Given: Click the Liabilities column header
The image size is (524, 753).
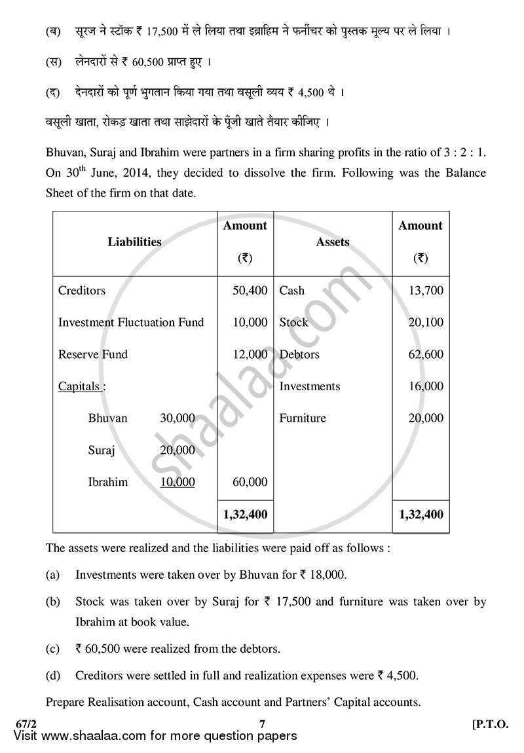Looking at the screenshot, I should (134, 242).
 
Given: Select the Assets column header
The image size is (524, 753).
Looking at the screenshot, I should (333, 242).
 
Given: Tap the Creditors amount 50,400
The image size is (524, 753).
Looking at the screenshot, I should (250, 290).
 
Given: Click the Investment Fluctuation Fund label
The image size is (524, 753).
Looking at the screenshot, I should (131, 322).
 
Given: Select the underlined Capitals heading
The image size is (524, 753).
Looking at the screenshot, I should (82, 386).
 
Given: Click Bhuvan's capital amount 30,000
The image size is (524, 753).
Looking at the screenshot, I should (178, 418).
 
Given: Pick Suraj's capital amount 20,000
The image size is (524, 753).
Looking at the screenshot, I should (178, 450).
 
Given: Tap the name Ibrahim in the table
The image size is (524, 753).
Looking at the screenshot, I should (108, 483).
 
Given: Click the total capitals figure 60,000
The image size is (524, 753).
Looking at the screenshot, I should (250, 483).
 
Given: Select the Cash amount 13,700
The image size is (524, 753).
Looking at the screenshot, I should (426, 290).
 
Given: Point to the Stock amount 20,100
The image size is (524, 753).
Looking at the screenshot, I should (426, 322).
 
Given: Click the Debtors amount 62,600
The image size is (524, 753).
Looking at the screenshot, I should (426, 354).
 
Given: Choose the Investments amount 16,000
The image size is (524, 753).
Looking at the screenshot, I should (426, 386).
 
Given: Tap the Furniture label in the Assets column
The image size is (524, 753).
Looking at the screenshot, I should (303, 418).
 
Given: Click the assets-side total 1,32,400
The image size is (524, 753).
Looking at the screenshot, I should (421, 515).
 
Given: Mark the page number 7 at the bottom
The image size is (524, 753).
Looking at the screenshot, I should (262, 724).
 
